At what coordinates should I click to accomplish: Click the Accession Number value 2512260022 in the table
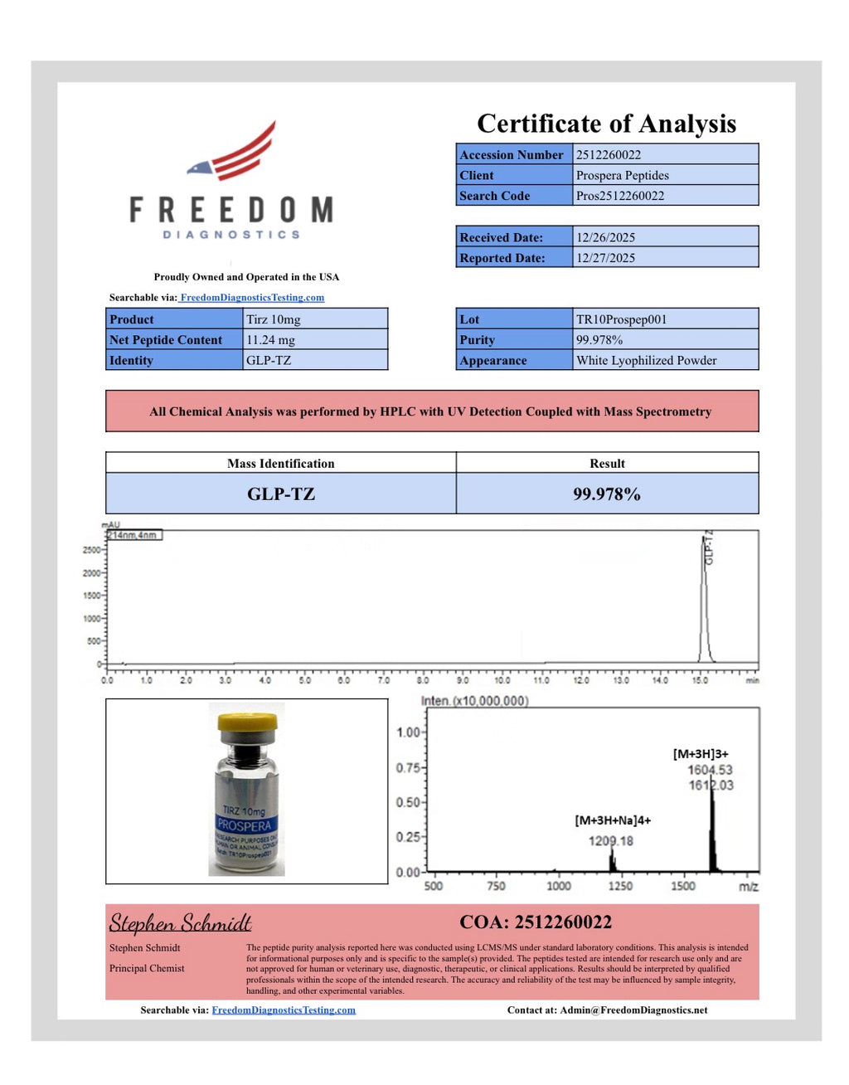(608, 154)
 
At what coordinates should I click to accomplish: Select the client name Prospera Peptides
(622, 175)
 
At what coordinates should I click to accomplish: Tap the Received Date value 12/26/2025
(605, 237)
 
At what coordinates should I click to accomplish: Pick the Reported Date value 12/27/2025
(605, 258)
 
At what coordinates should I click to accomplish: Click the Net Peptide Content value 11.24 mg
(270, 340)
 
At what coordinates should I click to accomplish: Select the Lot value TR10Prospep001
(621, 319)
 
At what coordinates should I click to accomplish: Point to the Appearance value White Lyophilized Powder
(646, 361)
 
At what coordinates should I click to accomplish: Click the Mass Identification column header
(280, 463)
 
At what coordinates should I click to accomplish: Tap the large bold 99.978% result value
(606, 494)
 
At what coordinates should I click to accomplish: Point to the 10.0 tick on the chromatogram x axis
(502, 680)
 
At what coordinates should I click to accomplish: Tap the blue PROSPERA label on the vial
(244, 825)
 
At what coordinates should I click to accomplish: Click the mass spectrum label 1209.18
(610, 841)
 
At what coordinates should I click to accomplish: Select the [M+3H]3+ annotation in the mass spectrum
(700, 754)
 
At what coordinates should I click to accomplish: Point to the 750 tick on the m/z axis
(496, 886)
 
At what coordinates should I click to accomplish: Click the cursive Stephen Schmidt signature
(180, 923)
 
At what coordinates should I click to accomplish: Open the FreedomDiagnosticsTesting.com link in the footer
(284, 1010)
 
